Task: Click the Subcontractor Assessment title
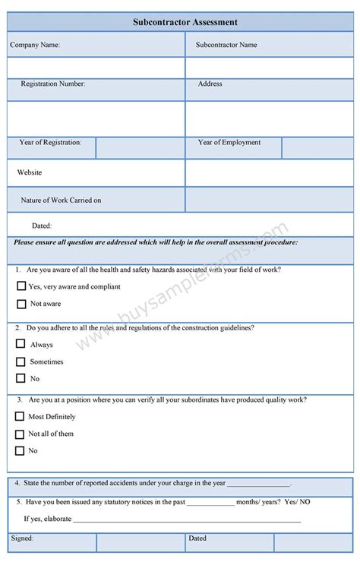185,23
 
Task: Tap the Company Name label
35,45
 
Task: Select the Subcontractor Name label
226,45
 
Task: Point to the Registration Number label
52,84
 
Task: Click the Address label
210,84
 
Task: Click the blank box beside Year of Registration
140,147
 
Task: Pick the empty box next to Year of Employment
317,147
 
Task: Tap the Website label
30,173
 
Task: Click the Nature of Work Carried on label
61,200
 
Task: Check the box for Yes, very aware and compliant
21,287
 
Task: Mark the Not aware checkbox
21,304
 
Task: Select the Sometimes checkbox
21,361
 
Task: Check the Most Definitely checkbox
20,416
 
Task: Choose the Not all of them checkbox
20,434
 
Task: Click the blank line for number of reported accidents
258,484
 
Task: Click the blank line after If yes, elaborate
186,520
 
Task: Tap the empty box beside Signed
140,542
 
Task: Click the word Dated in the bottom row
197,538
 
